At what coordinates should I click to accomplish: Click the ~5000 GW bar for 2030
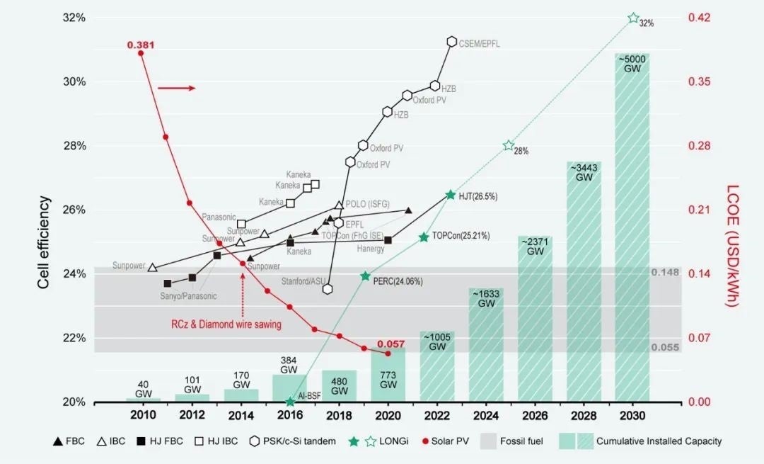pos(632,227)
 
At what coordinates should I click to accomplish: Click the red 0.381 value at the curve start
pos(141,45)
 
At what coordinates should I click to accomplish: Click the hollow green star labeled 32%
pos(633,18)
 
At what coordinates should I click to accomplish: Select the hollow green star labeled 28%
pos(508,145)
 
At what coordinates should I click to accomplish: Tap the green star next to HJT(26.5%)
pos(450,195)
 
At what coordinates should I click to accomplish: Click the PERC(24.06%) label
pos(398,281)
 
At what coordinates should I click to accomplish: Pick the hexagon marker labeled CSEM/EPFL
pos(451,42)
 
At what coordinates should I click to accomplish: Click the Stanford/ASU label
pos(303,281)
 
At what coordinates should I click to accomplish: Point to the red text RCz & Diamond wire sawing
pos(226,324)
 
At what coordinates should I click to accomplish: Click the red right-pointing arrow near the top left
pos(175,89)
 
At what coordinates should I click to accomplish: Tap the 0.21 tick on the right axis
pos(700,210)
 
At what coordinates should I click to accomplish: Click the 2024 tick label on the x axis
pos(486,414)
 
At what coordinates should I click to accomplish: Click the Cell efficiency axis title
pos(44,242)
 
